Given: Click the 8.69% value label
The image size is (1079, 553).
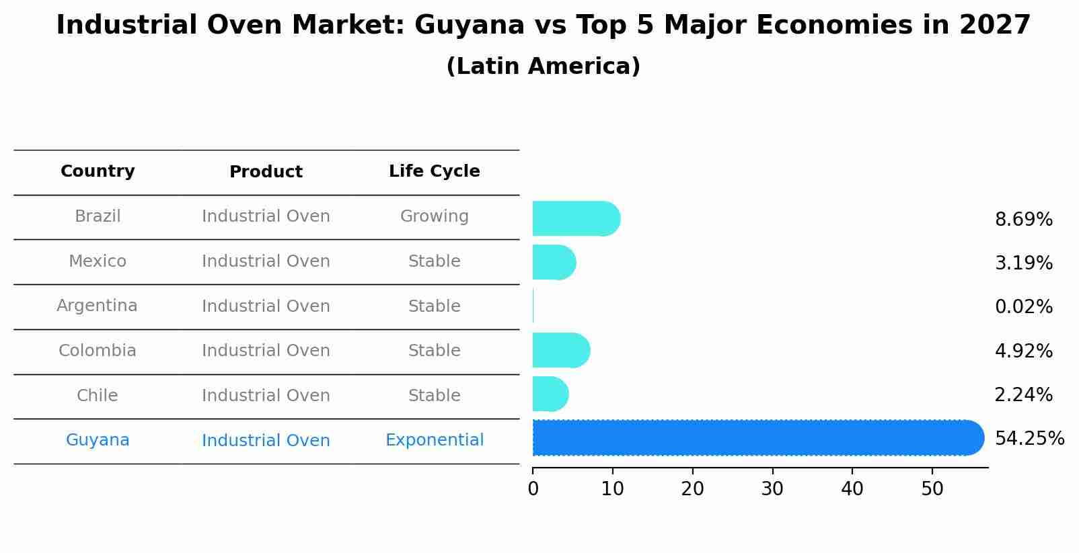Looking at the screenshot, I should (1023, 220).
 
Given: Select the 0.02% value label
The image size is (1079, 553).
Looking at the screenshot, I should (1023, 307).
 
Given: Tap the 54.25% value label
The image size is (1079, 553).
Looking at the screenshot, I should (1029, 439).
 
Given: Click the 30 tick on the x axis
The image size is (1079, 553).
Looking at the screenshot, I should (772, 489).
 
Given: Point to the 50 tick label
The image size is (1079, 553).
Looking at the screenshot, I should (932, 489).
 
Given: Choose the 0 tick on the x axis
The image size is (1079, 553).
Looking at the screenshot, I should (533, 489).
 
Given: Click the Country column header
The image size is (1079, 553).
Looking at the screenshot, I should (98, 171).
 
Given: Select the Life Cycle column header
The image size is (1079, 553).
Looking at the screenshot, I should (435, 171).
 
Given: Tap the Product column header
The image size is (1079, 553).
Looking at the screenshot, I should (266, 172).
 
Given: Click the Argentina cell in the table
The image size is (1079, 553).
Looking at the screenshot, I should (97, 306).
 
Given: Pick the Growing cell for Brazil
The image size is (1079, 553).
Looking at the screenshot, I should (435, 216).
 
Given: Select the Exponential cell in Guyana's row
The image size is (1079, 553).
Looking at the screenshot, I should (435, 440).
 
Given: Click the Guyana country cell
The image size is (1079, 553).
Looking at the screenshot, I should (98, 440).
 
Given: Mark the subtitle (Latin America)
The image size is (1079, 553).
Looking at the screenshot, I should (543, 67).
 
